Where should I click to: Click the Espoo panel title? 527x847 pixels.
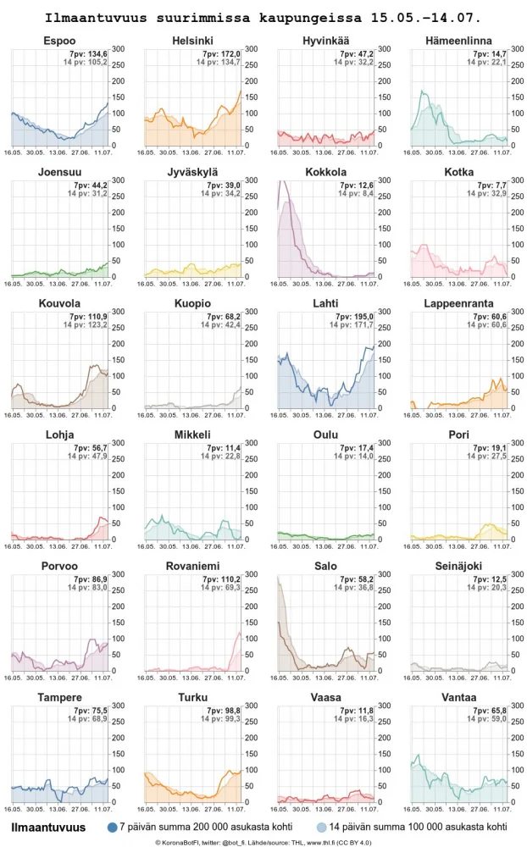click(x=58, y=42)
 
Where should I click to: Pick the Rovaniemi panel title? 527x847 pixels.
click(x=192, y=567)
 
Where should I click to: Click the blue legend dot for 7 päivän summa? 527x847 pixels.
click(x=112, y=827)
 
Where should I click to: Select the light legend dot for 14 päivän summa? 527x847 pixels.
click(x=321, y=827)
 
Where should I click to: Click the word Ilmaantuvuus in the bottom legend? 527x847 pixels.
click(x=48, y=827)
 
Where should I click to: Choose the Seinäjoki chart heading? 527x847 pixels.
click(x=458, y=567)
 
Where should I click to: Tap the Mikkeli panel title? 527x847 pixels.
click(x=192, y=435)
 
